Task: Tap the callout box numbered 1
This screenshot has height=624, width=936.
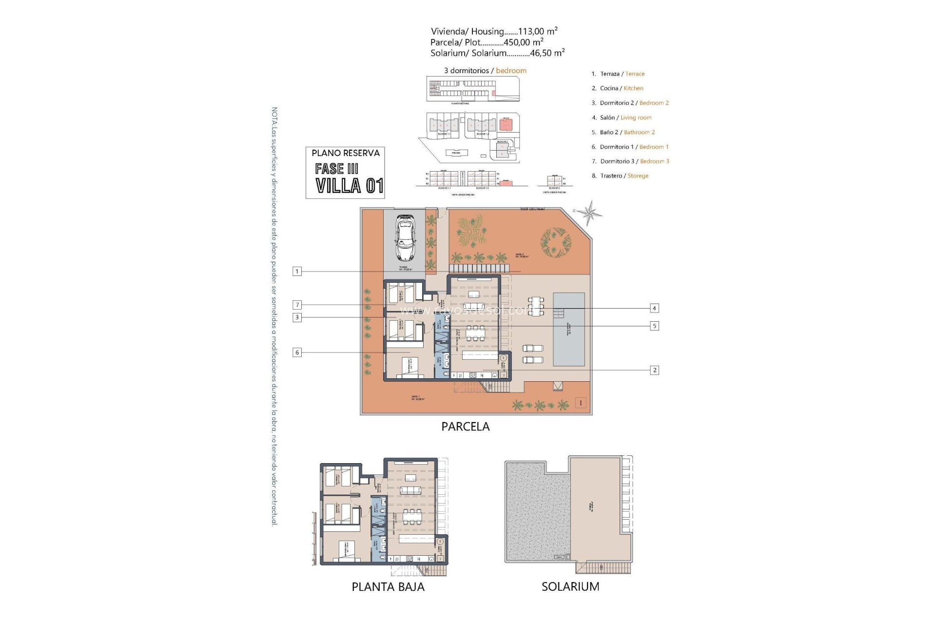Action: click(x=297, y=271)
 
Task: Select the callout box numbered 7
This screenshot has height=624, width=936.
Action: click(x=297, y=305)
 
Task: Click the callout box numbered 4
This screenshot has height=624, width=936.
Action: click(x=654, y=308)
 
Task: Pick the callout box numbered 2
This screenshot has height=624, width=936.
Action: click(x=654, y=370)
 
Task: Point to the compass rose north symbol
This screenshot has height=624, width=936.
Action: click(x=590, y=213)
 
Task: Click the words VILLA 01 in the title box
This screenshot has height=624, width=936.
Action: click(x=349, y=186)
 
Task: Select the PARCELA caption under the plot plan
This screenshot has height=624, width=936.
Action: click(x=465, y=427)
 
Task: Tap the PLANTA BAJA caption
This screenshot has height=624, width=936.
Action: click(x=388, y=587)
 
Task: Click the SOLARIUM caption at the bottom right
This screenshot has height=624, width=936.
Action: click(x=570, y=586)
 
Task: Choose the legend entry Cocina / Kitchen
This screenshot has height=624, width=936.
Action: click(x=617, y=88)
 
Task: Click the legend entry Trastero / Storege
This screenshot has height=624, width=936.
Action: click(x=620, y=175)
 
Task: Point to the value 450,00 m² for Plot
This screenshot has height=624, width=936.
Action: click(x=524, y=42)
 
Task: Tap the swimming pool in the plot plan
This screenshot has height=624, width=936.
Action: click(x=568, y=329)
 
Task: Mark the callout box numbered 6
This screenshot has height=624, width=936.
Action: click(x=297, y=352)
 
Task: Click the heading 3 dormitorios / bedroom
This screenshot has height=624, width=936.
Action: click(x=485, y=71)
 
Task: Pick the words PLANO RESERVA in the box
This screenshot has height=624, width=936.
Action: click(x=345, y=153)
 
